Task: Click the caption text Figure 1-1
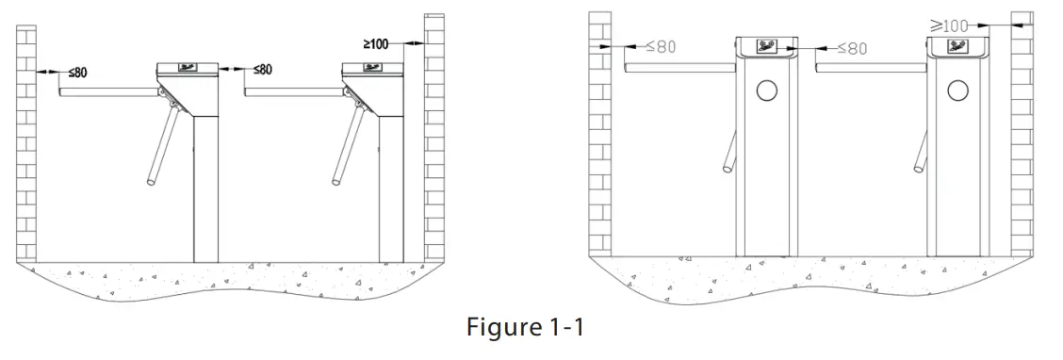[525, 327]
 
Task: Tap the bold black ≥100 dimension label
[376, 44]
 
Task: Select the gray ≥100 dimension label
[948, 25]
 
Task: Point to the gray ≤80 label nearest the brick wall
[661, 47]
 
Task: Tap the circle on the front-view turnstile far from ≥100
[767, 90]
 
